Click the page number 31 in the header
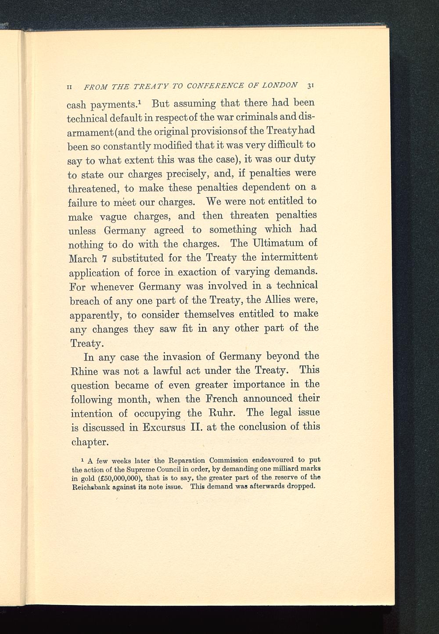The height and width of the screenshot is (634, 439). [310, 85]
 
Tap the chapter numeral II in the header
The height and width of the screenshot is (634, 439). [68, 86]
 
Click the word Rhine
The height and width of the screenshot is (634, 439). [84, 371]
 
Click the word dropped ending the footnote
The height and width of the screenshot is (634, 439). [300, 486]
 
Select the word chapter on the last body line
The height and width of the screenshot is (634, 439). [90, 442]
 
